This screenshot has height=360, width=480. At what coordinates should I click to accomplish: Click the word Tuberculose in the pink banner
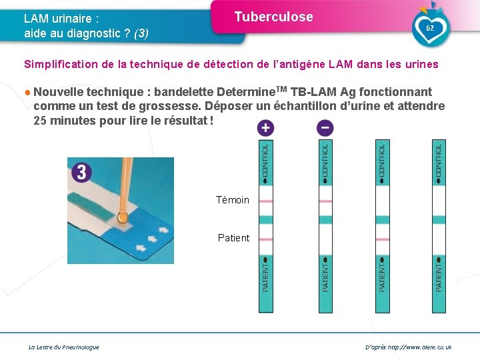[x=274, y=17]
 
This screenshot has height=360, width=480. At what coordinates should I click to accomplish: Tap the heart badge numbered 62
[x=431, y=28]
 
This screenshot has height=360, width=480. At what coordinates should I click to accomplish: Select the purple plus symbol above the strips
[x=265, y=127]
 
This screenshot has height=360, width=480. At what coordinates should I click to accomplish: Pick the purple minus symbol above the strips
[x=325, y=127]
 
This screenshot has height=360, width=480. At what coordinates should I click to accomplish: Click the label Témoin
[x=233, y=200]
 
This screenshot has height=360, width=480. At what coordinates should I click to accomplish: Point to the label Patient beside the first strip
[x=233, y=238]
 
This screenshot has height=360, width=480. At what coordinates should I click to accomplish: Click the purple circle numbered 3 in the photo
[x=81, y=173]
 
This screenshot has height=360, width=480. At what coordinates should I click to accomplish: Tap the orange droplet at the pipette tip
[x=122, y=217]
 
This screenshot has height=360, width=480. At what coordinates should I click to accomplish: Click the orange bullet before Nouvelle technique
[x=27, y=92]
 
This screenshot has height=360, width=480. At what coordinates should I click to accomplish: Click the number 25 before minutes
[x=40, y=121]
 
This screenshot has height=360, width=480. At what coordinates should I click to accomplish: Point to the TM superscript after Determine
[x=281, y=89]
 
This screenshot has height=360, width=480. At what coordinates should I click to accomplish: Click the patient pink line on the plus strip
[x=266, y=239]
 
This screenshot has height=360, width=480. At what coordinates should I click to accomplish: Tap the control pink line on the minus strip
[x=325, y=201]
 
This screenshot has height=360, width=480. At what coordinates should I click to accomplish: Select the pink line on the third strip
[x=383, y=239]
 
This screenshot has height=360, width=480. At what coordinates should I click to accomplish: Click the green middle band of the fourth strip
[x=439, y=220]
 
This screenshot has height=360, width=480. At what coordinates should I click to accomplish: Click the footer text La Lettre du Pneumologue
[x=64, y=347]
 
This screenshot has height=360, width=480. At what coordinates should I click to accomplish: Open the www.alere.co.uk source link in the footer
[x=420, y=347]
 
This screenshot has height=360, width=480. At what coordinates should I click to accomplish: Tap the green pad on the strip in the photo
[x=90, y=206]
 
